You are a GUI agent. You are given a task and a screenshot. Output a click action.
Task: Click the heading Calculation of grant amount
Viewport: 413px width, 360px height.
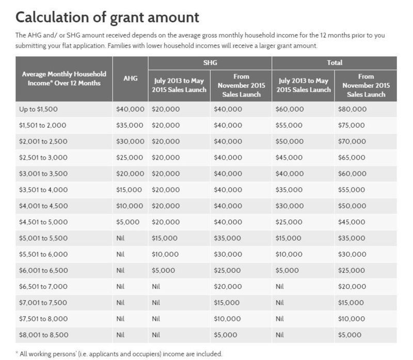pyautogui.click(x=107, y=17)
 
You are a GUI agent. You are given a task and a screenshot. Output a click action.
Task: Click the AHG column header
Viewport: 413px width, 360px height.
pyautogui.click(x=130, y=79)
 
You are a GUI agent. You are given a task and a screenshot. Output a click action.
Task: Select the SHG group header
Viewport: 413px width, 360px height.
pyautogui.click(x=210, y=62)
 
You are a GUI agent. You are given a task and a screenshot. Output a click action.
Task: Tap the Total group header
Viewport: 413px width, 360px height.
pyautogui.click(x=335, y=62)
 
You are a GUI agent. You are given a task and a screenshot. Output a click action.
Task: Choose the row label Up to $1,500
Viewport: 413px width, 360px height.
pyautogui.click(x=39, y=109)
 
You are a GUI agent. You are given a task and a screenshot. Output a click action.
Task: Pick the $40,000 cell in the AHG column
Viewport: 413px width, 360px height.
pyautogui.click(x=130, y=109)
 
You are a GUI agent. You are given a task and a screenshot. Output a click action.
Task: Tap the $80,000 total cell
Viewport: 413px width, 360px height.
pyautogui.click(x=352, y=109)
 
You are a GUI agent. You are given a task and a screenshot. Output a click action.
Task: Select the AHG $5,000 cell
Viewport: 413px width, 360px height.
pyautogui.click(x=128, y=222)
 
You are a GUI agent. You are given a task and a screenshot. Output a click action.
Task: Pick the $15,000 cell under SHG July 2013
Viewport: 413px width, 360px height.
pyautogui.click(x=164, y=238)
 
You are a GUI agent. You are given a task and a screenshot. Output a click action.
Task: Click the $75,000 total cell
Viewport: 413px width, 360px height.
pyautogui.click(x=352, y=126)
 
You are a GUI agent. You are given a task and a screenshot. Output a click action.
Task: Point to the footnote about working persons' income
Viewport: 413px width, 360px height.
pyautogui.click(x=119, y=354)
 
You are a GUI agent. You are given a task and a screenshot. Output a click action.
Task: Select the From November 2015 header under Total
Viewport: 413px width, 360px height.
pyautogui.click(x=366, y=85)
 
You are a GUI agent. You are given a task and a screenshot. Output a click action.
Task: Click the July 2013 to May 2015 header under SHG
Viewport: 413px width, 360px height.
pyautogui.click(x=179, y=85)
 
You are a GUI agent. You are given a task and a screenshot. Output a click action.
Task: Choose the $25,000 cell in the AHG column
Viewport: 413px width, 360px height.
pyautogui.click(x=130, y=158)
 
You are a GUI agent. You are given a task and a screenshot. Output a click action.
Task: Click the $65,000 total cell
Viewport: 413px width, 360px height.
pyautogui.click(x=352, y=158)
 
